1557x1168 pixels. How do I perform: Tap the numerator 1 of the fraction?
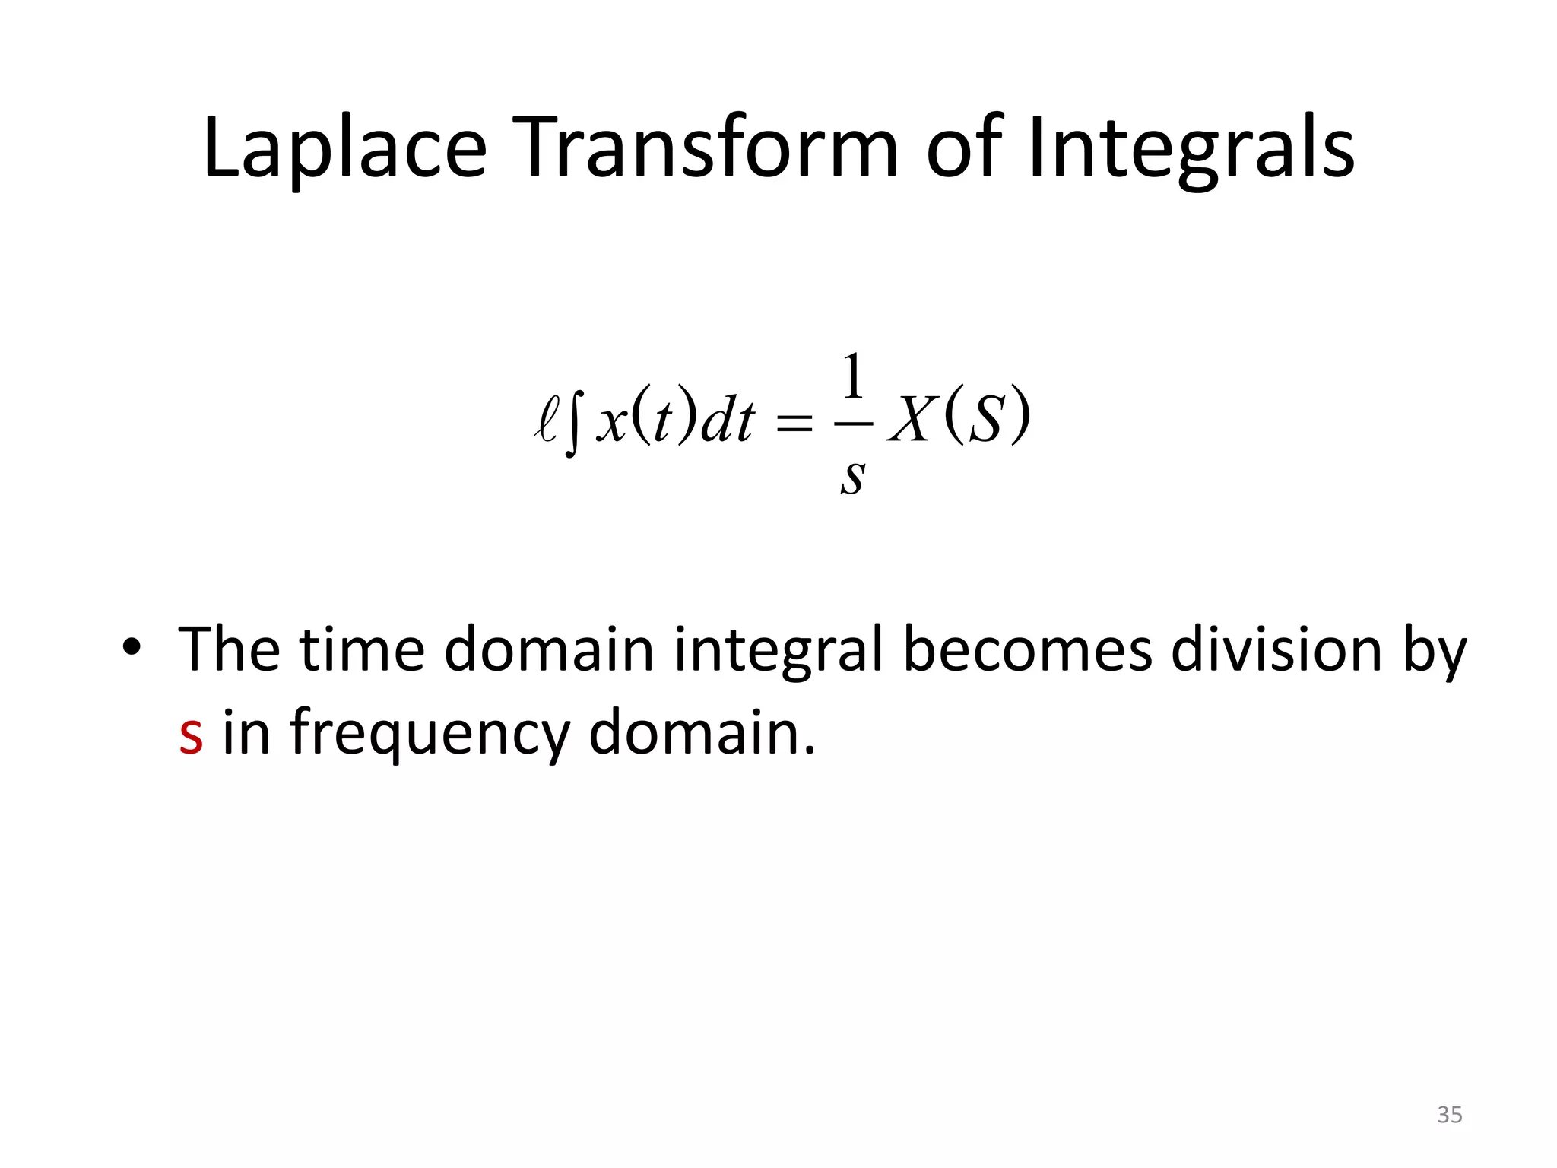(x=854, y=376)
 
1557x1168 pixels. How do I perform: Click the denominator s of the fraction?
(x=853, y=478)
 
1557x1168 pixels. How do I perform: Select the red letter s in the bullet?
(x=191, y=734)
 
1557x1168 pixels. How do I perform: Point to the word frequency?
(x=430, y=734)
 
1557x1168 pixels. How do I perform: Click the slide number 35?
(x=1449, y=1115)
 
